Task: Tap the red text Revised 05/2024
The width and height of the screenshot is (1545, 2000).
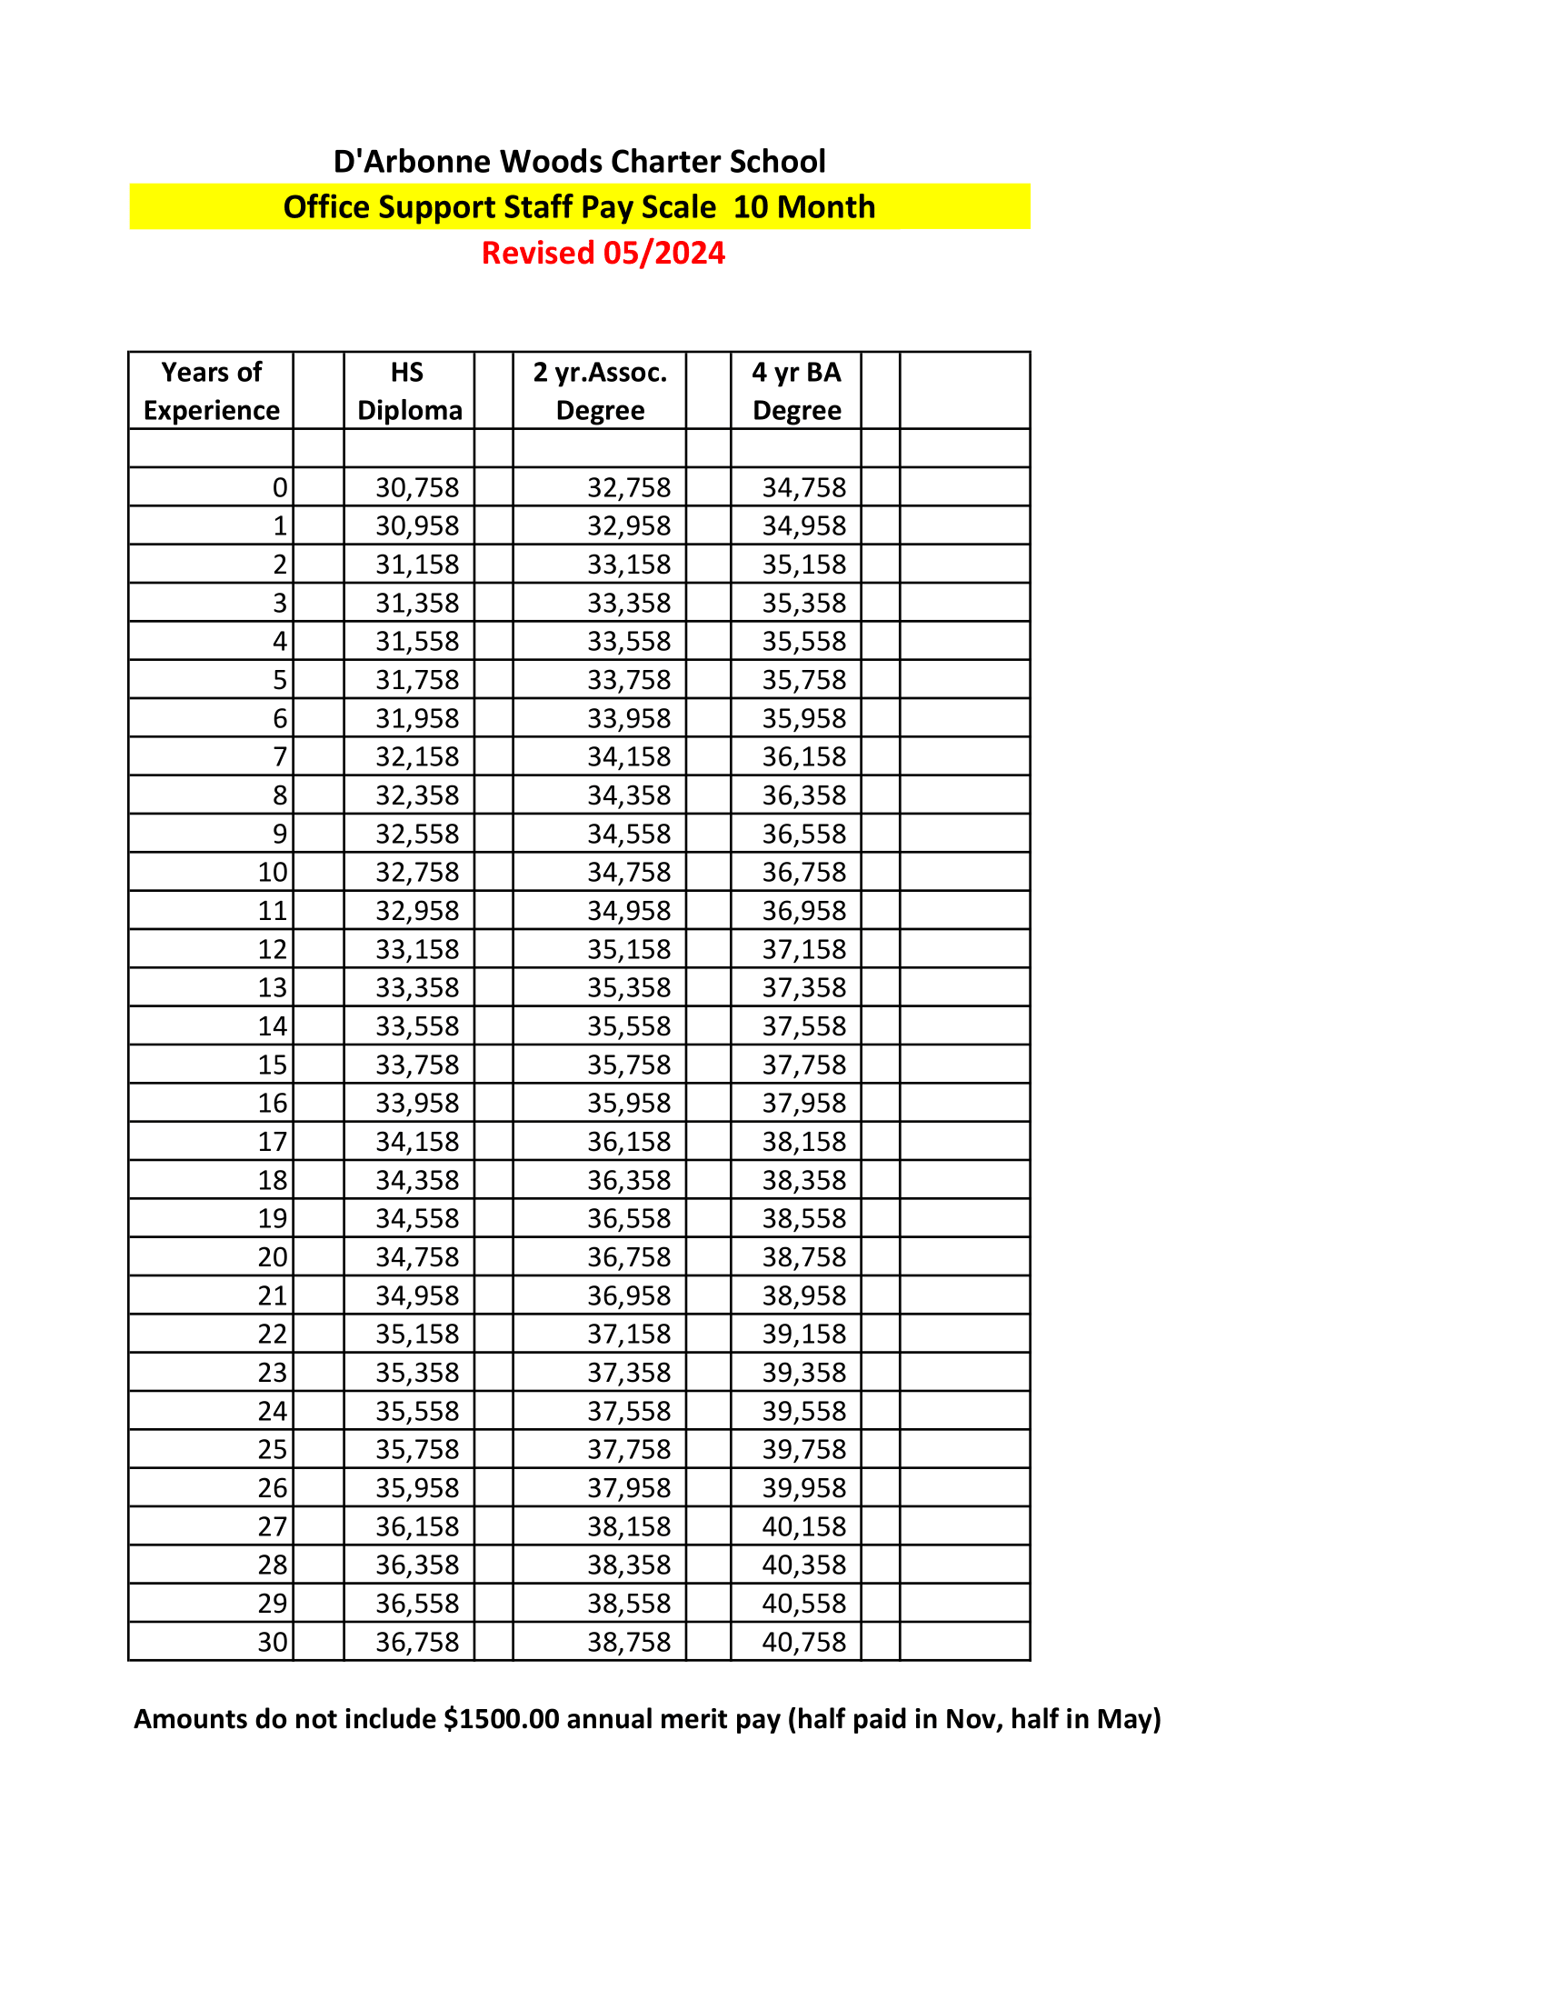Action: [x=603, y=253]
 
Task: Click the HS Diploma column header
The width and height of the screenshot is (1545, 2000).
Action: [x=409, y=391]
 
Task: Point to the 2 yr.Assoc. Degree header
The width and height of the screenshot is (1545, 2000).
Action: [x=600, y=391]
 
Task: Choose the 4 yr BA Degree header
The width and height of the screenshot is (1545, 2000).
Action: [x=796, y=391]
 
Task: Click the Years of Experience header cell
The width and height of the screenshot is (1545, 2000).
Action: [x=212, y=391]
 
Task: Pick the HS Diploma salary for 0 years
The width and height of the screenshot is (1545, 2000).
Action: [x=417, y=487]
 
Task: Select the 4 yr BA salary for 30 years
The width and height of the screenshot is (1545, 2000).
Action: [x=803, y=1642]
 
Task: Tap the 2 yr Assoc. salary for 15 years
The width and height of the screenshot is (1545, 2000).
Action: [x=629, y=1065]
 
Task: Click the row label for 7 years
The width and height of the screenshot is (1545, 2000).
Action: [x=279, y=757]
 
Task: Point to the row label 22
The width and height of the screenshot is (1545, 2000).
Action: [x=272, y=1335]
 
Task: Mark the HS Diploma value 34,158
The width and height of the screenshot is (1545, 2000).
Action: [x=417, y=1142]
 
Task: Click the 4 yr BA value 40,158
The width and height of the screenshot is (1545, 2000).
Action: [x=803, y=1526]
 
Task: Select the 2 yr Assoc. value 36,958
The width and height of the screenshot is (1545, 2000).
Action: [x=629, y=1295]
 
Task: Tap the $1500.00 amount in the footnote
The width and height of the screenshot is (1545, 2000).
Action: [x=501, y=1719]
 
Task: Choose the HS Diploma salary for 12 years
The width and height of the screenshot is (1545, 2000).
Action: [x=417, y=950]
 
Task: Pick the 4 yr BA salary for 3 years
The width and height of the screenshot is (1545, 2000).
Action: [x=803, y=604]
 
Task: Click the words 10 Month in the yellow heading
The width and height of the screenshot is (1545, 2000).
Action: [x=803, y=208]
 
